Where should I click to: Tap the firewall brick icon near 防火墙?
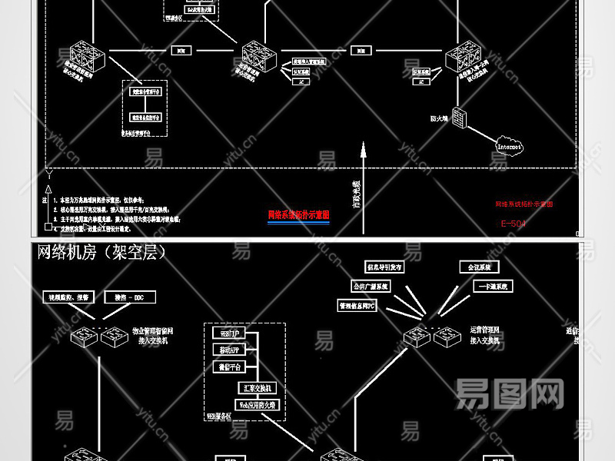click(460, 118)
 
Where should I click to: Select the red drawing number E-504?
click(514, 224)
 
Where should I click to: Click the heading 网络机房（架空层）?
click(101, 252)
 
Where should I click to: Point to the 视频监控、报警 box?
click(69, 297)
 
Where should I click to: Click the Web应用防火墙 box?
click(257, 404)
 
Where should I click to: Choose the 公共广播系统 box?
click(371, 286)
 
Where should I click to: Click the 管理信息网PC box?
click(357, 306)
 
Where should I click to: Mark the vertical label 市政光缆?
click(356, 195)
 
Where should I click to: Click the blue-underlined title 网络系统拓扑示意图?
click(298, 215)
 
